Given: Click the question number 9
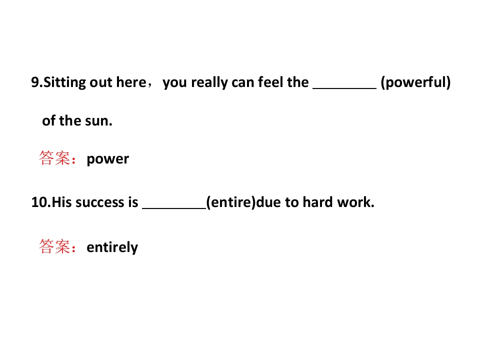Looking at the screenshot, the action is point(36,82).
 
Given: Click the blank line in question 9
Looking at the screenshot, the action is point(344,88).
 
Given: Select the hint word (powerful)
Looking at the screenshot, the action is point(415,82).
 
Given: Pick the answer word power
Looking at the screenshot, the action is point(108,159).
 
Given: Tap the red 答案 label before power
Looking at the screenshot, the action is point(55,158).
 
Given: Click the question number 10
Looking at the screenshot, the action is point(41,202).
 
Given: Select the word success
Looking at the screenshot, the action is point(99,202).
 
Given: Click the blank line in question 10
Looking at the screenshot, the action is point(174,208).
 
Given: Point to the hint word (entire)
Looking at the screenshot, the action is point(231,202).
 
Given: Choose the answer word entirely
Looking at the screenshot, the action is point(112,247).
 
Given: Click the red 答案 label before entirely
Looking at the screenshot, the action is point(55,246).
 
